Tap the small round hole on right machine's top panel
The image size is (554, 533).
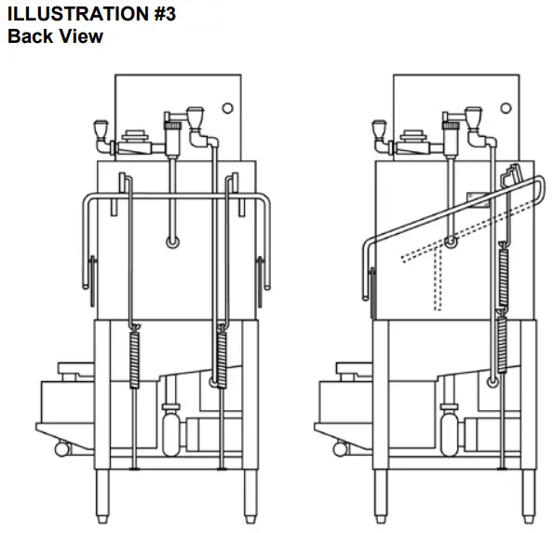coord(505,108)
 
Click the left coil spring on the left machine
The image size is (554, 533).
coord(134,360)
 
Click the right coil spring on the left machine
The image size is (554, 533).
coord(221,356)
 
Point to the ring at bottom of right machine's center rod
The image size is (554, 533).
coord(451,243)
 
